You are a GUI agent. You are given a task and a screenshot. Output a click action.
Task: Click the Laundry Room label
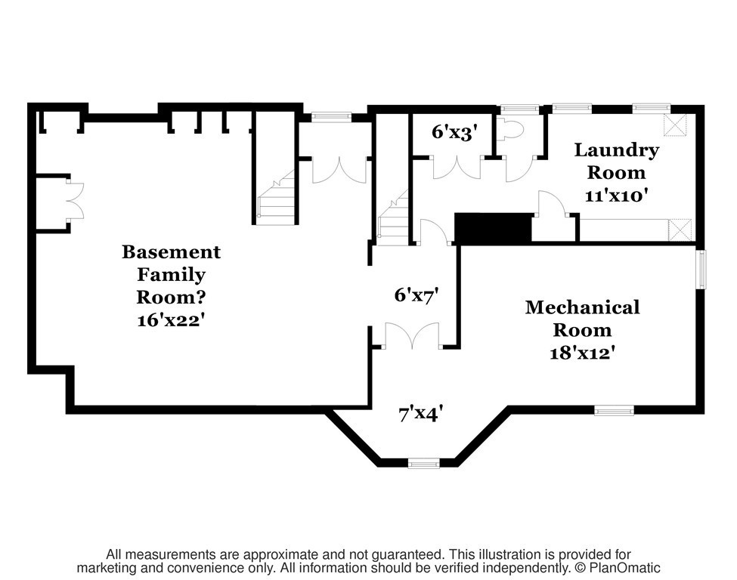[616, 161]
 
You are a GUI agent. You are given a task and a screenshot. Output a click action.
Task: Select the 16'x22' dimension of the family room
[171, 320]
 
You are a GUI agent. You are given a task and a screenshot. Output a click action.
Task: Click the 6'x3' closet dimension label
[454, 132]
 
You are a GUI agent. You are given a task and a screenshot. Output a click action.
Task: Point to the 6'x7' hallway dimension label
[416, 295]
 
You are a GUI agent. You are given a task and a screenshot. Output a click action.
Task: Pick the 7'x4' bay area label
[421, 414]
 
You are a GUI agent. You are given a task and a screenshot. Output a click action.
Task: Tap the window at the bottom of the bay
[423, 464]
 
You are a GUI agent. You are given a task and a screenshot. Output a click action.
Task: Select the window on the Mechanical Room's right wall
[701, 270]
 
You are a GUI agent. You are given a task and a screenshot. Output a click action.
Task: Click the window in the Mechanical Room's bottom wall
[614, 411]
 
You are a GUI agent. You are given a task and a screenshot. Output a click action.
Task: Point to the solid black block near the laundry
[493, 228]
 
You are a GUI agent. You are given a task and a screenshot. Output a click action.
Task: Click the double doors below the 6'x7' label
[412, 336]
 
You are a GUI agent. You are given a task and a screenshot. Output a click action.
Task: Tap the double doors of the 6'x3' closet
[457, 168]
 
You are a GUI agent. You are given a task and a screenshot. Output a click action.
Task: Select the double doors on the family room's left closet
[75, 201]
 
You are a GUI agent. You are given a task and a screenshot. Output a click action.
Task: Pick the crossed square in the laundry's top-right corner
[675, 125]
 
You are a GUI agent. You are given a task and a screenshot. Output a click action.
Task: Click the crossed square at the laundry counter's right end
[680, 230]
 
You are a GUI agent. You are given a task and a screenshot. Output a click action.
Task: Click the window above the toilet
[519, 110]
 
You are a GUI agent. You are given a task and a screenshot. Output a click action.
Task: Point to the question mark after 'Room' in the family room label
[200, 298]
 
